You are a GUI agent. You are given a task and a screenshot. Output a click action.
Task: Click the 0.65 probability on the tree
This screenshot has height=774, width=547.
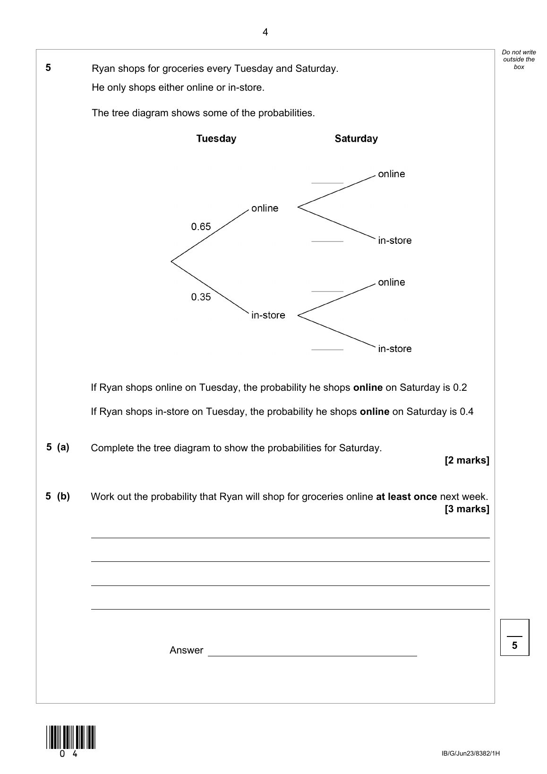click(x=201, y=227)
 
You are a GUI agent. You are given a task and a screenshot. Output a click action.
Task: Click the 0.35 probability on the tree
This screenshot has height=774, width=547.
click(x=201, y=297)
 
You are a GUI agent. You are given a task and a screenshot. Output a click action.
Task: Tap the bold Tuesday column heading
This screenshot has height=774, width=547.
click(x=216, y=139)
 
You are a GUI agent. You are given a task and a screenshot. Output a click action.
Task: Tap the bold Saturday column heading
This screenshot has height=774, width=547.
click(x=356, y=139)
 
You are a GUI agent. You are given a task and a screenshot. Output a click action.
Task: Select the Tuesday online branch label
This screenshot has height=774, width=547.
click(x=265, y=208)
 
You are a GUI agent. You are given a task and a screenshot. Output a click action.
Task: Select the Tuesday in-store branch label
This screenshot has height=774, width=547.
click(x=268, y=316)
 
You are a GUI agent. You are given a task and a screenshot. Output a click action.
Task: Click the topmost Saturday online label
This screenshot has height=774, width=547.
click(x=391, y=174)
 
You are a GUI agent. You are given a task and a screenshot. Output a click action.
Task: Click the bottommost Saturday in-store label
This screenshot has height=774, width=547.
click(x=394, y=349)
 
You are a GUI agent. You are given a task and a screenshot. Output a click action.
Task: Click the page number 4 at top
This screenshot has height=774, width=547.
click(x=265, y=33)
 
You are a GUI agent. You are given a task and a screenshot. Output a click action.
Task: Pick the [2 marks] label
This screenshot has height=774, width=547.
click(x=467, y=460)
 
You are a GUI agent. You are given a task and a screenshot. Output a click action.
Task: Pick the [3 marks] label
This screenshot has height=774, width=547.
click(x=467, y=509)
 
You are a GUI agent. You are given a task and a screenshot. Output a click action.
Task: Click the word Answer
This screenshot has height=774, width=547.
click(x=186, y=651)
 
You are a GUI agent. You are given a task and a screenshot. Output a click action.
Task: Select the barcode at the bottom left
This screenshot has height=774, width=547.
click(x=71, y=737)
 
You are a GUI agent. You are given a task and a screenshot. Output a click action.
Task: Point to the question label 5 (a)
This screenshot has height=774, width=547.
click(x=58, y=447)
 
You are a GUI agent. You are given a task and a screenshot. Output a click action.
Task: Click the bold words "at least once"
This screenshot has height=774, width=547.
click(x=406, y=497)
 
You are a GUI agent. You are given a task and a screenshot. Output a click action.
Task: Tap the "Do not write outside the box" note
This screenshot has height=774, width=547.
click(x=519, y=60)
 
